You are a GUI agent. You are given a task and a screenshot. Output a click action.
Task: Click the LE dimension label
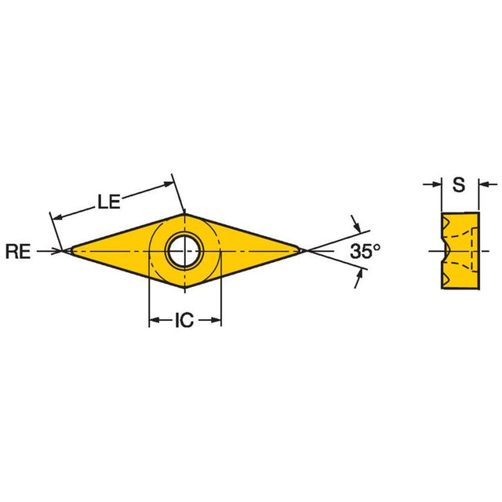coord(109,202)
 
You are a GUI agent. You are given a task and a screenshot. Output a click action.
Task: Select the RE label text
coord(18,251)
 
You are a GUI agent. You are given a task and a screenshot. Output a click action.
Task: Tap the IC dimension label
coord(184,320)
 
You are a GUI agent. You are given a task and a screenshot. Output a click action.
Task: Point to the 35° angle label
coord(365,251)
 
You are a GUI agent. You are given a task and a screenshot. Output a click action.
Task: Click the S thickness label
coord(459,185)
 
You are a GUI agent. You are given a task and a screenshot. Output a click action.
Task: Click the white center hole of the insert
coord(184,251)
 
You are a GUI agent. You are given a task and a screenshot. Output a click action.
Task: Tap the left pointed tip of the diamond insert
coord(71,251)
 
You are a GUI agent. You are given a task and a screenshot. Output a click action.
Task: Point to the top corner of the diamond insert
coord(185,213)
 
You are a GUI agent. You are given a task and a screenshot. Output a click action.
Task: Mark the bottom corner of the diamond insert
coord(185,288)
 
